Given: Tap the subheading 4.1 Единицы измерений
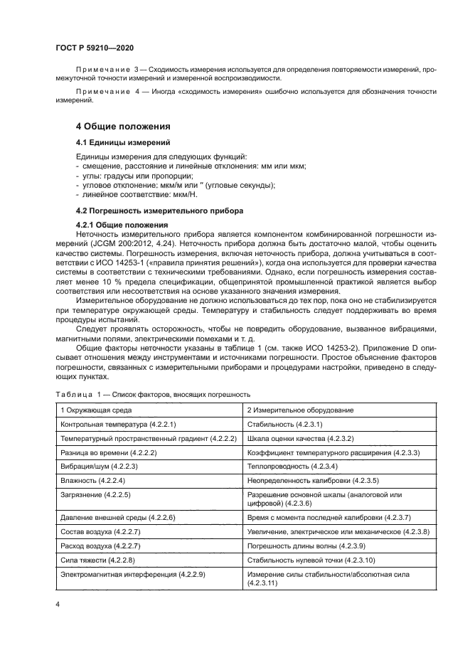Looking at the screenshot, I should pyautogui.click(x=117, y=143).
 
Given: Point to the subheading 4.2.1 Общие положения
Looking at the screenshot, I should pyautogui.click(x=121, y=225).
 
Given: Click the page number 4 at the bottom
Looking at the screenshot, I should pyautogui.click(x=58, y=604).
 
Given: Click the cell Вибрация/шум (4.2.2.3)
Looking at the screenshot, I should pyautogui.click(x=99, y=466).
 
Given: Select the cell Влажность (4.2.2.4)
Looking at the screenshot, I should pyautogui.click(x=92, y=480).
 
